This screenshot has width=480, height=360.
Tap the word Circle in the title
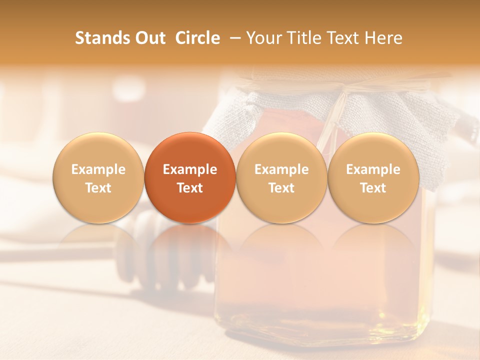(197, 38)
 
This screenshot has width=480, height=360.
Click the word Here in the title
(383, 38)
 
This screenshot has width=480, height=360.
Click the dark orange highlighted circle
(190, 178)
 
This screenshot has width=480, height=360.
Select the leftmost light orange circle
(98, 178)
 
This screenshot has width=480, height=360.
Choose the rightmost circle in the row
(373, 178)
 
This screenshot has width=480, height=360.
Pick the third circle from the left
(281, 178)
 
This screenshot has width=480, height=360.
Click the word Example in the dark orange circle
(190, 169)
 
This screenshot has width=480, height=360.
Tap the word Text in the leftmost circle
(98, 188)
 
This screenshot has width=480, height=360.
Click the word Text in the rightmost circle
(373, 188)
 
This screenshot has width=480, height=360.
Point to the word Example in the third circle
(281, 169)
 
